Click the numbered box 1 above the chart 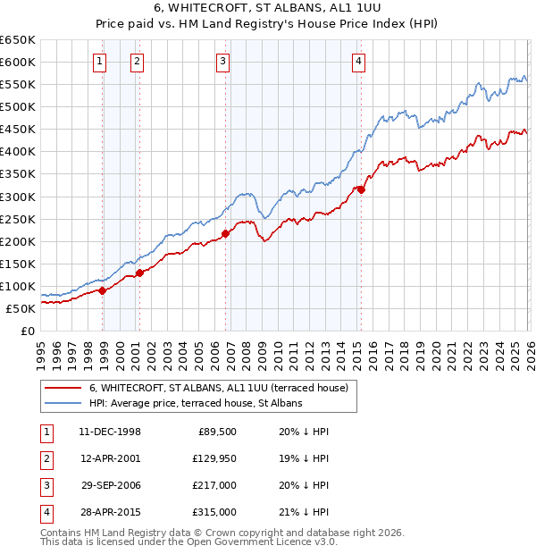[98, 62]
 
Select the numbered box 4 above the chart [357, 62]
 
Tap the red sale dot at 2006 [225, 233]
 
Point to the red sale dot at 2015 [361, 189]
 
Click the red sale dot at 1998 [103, 290]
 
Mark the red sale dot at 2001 [139, 273]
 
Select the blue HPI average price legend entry [196, 404]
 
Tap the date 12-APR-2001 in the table [110, 458]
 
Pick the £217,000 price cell [215, 485]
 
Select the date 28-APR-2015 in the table [110, 512]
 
